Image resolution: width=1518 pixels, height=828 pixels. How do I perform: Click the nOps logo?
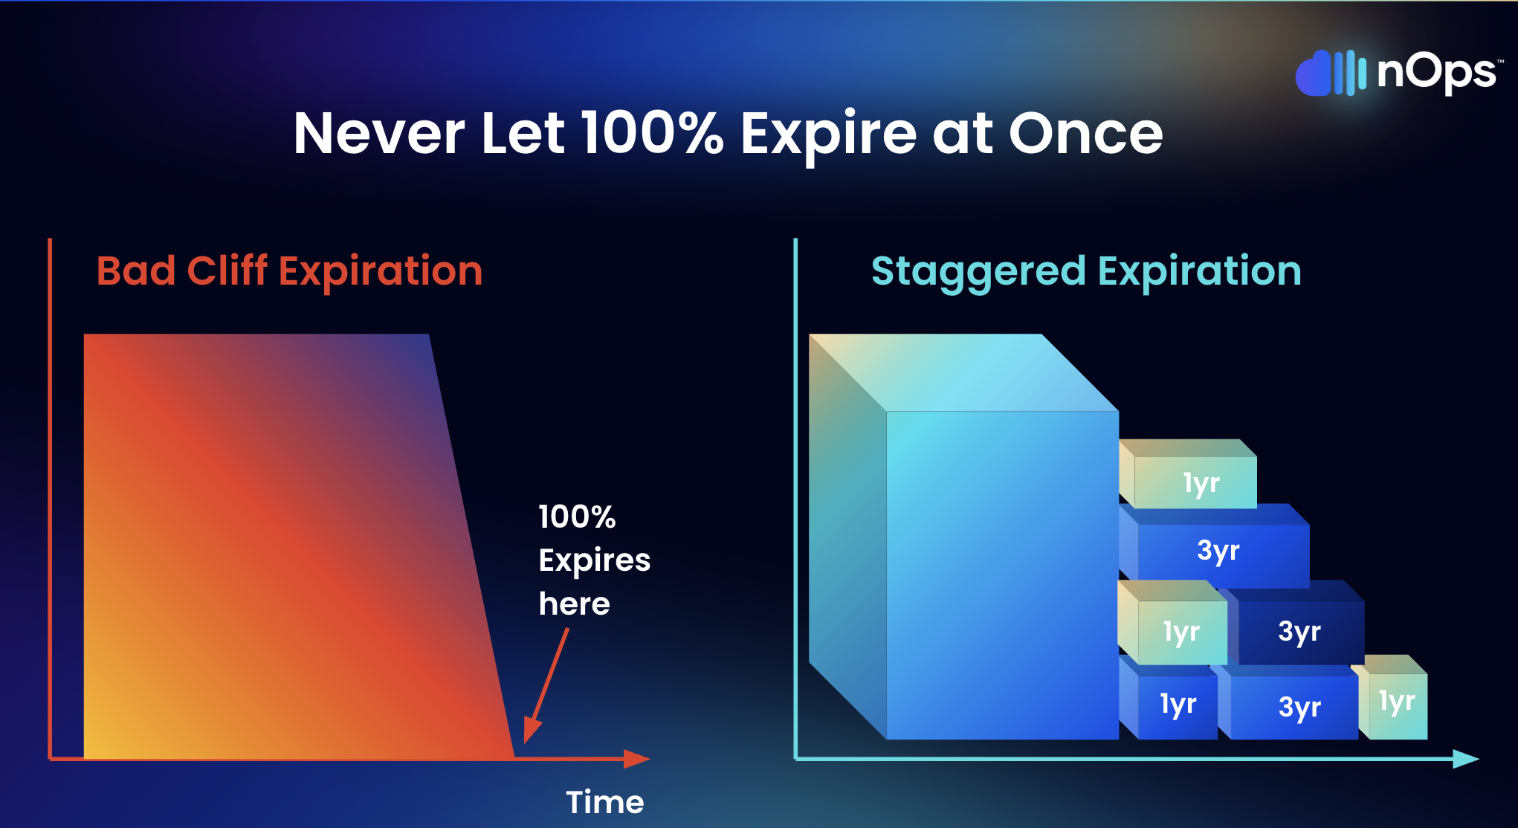(1398, 73)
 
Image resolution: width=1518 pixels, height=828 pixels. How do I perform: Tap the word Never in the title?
(379, 134)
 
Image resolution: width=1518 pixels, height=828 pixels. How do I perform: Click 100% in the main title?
(652, 133)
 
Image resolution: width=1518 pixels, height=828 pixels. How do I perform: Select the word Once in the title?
(1085, 134)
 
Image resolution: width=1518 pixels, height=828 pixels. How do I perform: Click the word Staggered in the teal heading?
(978, 272)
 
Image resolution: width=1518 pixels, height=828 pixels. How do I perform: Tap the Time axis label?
(605, 802)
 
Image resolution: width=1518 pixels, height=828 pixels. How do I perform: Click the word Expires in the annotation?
(595, 561)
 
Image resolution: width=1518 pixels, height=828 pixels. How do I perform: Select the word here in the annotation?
(575, 604)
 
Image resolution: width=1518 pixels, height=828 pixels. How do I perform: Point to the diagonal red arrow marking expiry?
(546, 685)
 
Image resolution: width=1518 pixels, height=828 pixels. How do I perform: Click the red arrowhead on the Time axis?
(637, 759)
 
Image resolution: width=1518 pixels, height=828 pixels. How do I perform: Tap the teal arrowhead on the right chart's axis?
(1466, 759)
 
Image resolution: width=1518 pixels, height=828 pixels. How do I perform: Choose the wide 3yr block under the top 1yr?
(1215, 546)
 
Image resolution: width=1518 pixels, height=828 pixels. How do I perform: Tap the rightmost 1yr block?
(1392, 697)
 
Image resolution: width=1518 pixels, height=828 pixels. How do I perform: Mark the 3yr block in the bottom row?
(1290, 702)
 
